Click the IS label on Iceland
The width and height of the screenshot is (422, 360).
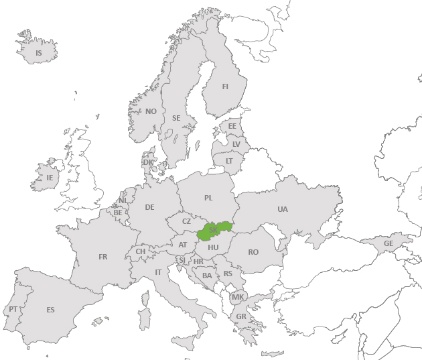point(38,53)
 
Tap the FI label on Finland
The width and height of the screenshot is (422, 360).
point(225,86)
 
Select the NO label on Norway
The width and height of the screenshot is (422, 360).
point(151,111)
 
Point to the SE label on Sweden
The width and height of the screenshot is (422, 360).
point(176,118)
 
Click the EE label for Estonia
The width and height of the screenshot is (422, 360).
point(232,126)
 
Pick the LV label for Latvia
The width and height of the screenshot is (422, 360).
point(236,144)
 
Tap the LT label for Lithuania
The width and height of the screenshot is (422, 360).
point(229,161)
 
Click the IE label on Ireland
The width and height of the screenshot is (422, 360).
point(49,178)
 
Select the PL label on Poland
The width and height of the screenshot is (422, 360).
point(208,198)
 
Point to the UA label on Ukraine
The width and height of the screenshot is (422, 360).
point(283,209)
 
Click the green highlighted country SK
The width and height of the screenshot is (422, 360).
point(214,230)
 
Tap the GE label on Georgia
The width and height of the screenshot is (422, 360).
point(388,243)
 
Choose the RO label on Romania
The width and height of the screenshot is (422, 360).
point(253,252)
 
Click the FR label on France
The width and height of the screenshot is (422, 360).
point(102,257)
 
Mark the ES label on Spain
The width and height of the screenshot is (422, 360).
point(50,310)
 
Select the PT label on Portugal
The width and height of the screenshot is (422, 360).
point(13,309)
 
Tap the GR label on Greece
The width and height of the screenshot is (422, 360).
point(241,316)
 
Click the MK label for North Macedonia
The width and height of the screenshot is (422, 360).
point(238,297)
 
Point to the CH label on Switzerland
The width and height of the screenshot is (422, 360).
point(141,251)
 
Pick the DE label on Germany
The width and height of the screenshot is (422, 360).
point(149,207)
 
